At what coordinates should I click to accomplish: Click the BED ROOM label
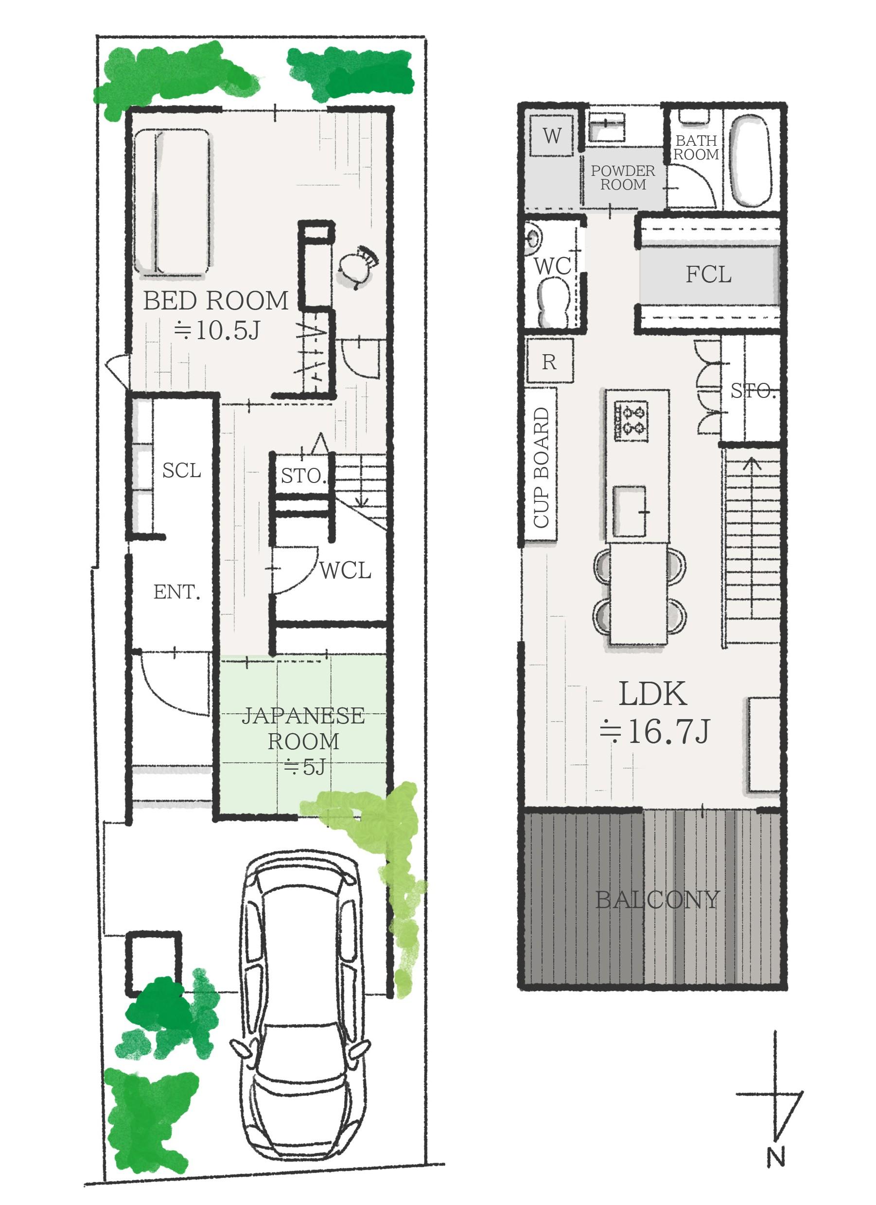[x=216, y=301]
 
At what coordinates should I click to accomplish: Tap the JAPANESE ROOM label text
[x=303, y=728]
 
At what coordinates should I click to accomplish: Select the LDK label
[x=653, y=694]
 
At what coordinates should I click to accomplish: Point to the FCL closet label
[x=709, y=275]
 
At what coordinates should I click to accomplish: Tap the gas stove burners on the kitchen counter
[x=631, y=421]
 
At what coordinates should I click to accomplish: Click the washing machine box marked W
[x=552, y=136]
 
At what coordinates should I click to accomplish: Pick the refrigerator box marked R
[x=550, y=362]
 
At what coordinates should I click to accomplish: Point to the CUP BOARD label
[x=541, y=467]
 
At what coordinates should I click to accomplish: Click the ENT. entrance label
[x=177, y=592]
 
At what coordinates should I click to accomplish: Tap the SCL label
[x=182, y=471]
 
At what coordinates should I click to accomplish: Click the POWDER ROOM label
[x=623, y=178]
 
